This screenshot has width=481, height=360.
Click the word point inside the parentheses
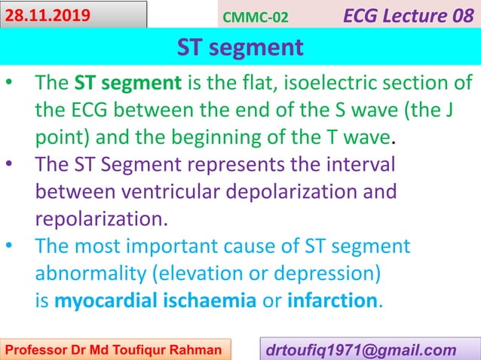pyautogui.click(x=61, y=139)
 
